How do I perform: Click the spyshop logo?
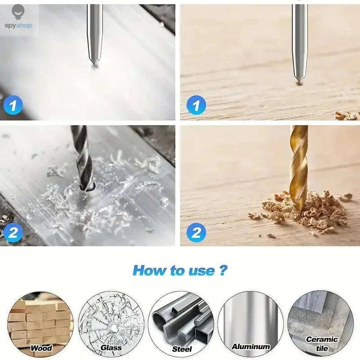[18, 18]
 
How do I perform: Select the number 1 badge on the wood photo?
[196, 106]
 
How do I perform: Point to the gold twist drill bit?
[299, 166]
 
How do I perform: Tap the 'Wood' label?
[41, 348]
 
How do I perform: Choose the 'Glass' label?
[111, 347]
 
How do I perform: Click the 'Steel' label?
[182, 348]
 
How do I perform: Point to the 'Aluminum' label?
[251, 346]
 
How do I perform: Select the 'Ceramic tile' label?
[322, 343]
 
